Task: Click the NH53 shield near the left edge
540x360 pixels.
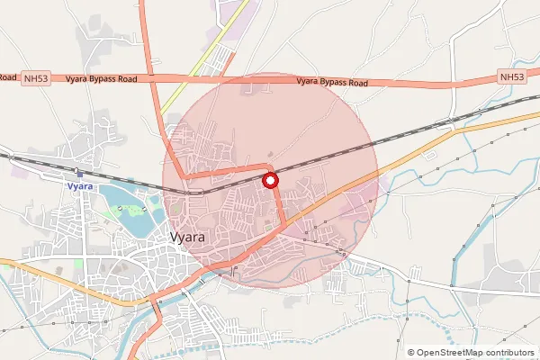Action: [x=36, y=79]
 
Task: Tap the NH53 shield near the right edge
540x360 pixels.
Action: [x=511, y=77]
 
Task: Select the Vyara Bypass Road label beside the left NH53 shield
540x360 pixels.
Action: [x=101, y=79]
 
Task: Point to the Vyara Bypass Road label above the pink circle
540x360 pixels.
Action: [x=332, y=83]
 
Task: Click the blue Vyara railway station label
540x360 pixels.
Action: [x=80, y=185]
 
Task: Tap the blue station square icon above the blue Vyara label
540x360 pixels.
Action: [x=80, y=174]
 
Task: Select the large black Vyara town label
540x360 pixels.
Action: [x=187, y=238]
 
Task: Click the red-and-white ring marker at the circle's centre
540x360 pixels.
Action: [x=270, y=181]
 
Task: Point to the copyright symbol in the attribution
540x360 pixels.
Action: [x=411, y=353]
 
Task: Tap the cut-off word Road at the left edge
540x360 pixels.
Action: [x=7, y=78]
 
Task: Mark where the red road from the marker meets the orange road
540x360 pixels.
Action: [x=284, y=225]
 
